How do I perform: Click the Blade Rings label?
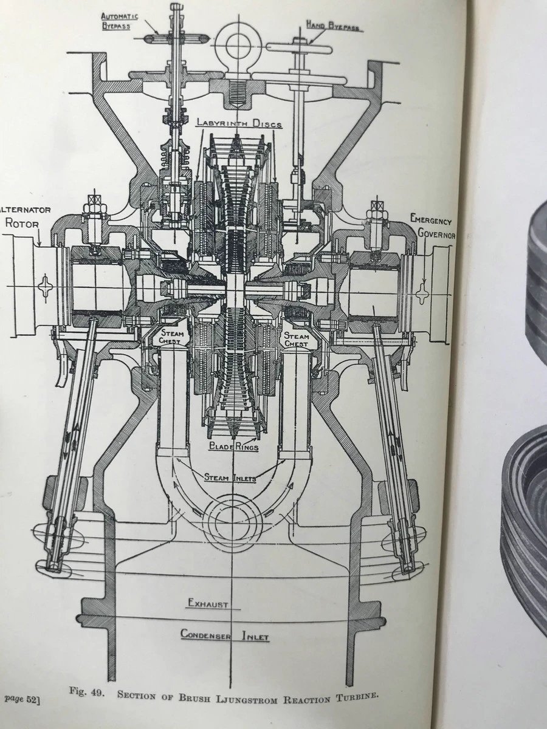[x=233, y=447]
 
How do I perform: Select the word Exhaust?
[x=207, y=604]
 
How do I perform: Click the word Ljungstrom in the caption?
[x=258, y=694]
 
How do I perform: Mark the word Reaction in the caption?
[x=311, y=696]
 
